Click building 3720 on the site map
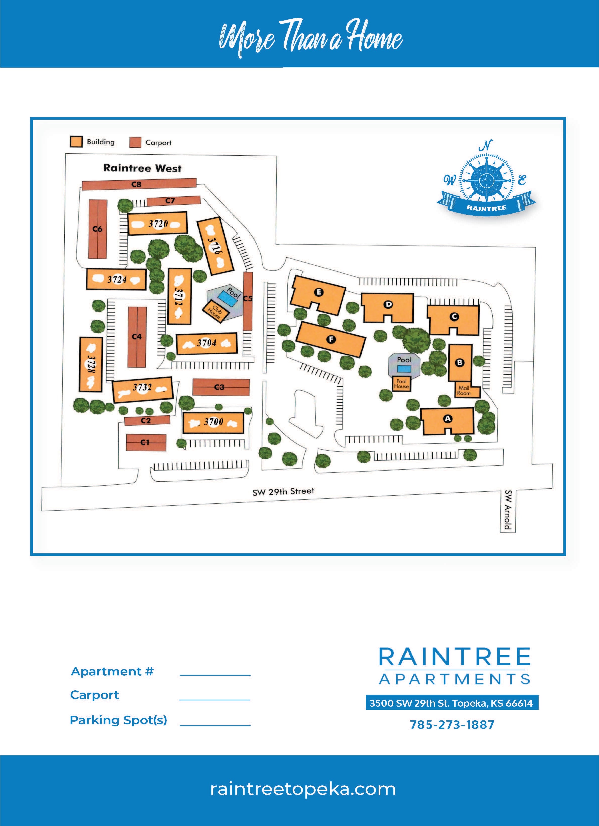(158, 223)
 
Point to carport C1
(146, 442)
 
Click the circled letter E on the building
(319, 292)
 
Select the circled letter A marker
(448, 419)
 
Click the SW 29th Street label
(283, 492)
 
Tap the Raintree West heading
(142, 168)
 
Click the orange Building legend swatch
(76, 142)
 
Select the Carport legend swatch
(135, 143)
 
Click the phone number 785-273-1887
(452, 725)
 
